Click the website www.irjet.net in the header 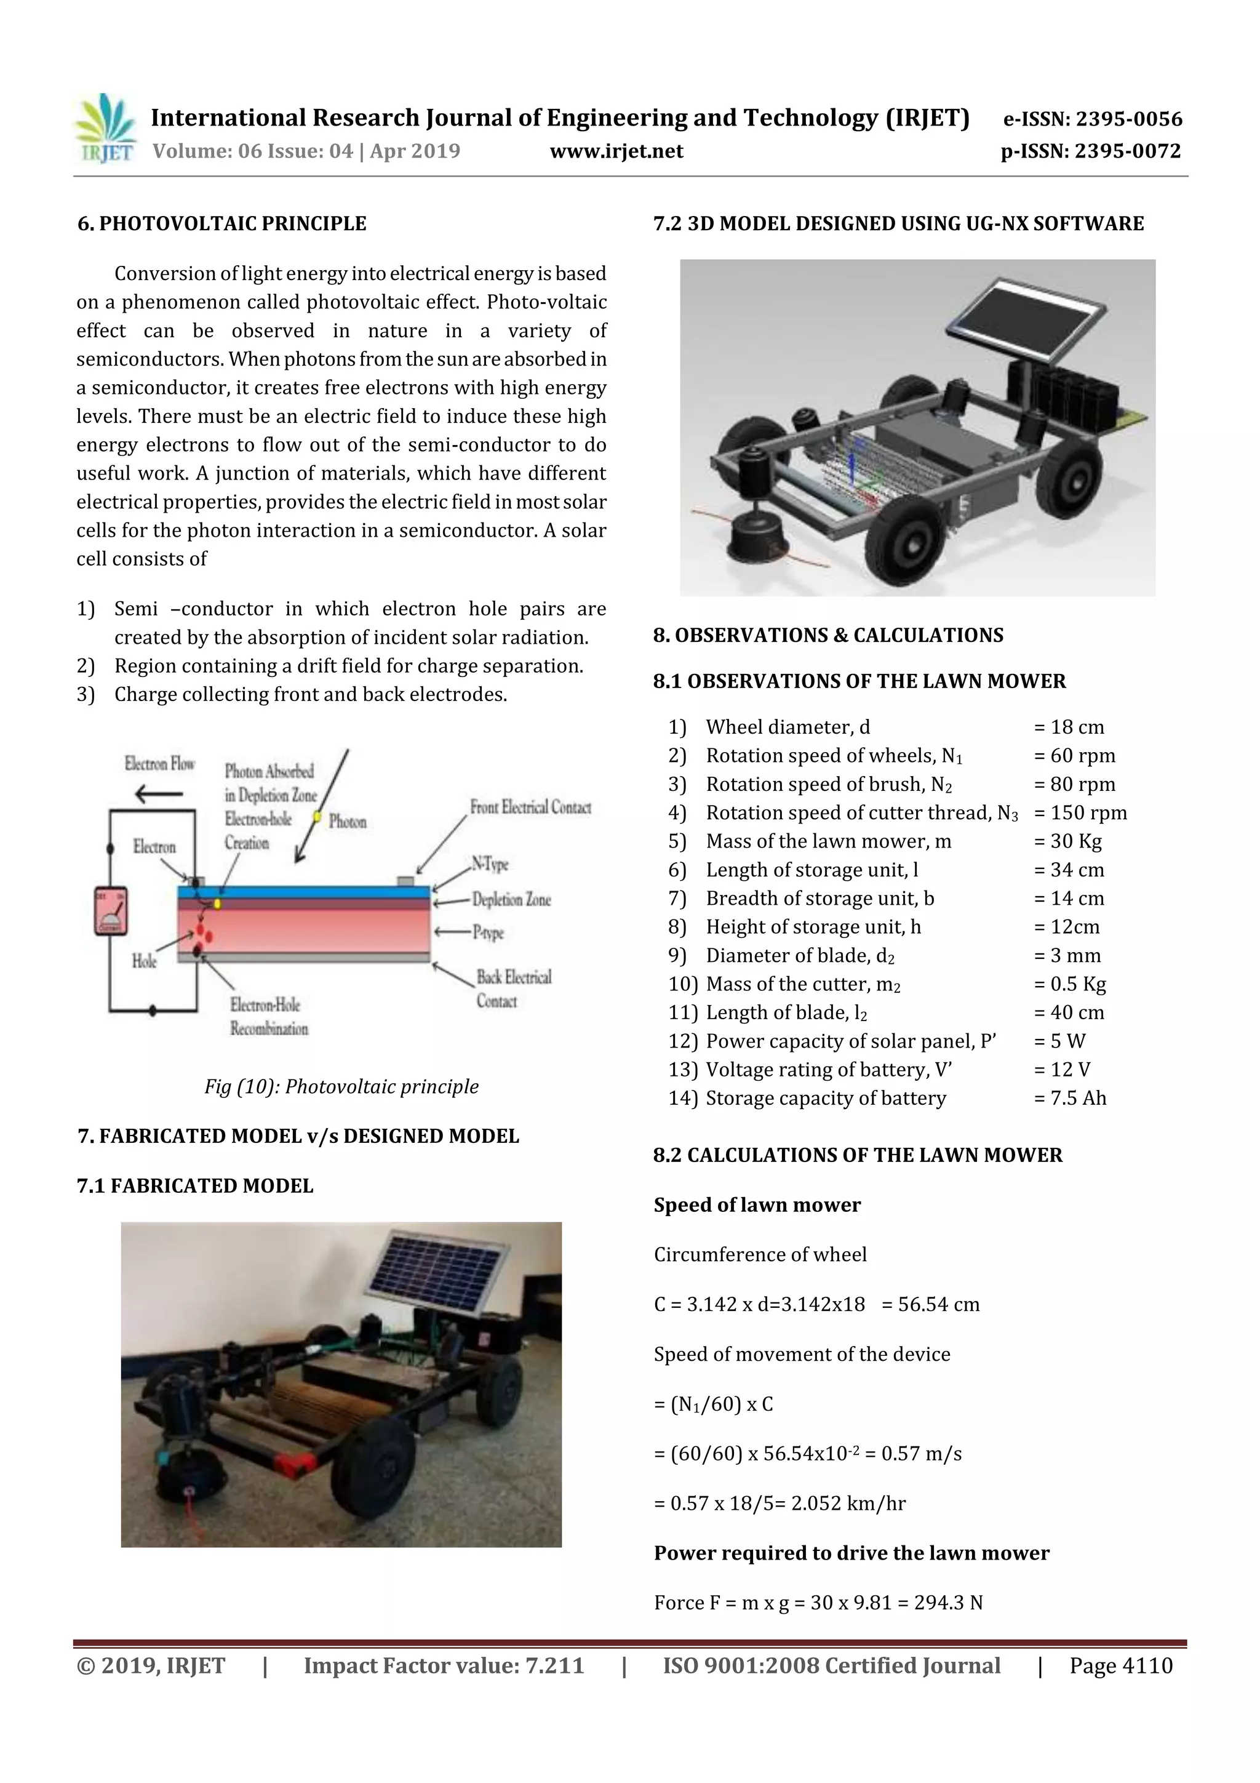[x=616, y=151]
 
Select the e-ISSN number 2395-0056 [x=1128, y=119]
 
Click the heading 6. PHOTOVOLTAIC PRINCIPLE [x=222, y=223]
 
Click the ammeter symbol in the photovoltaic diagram [x=111, y=910]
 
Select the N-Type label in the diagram [x=490, y=863]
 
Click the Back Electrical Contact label [x=513, y=988]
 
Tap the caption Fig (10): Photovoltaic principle [x=341, y=1086]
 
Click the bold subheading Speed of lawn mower [x=757, y=1204]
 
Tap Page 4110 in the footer [x=1120, y=1665]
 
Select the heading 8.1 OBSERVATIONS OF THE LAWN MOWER [x=859, y=681]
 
